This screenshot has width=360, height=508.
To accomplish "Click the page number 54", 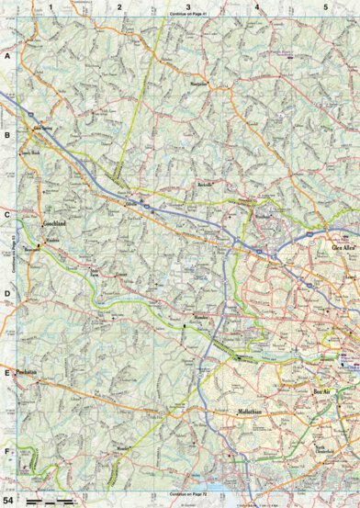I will (x=8, y=499).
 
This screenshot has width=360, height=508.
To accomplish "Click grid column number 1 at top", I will (x=51, y=7).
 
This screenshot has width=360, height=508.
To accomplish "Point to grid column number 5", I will (x=325, y=7).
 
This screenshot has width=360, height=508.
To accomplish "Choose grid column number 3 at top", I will (x=188, y=7).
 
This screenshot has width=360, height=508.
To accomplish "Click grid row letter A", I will (x=6, y=56).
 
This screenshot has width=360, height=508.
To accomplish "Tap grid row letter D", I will (x=6, y=294).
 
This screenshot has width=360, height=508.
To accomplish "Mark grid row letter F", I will (x=6, y=453).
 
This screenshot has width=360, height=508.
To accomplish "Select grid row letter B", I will (x=6, y=135).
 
